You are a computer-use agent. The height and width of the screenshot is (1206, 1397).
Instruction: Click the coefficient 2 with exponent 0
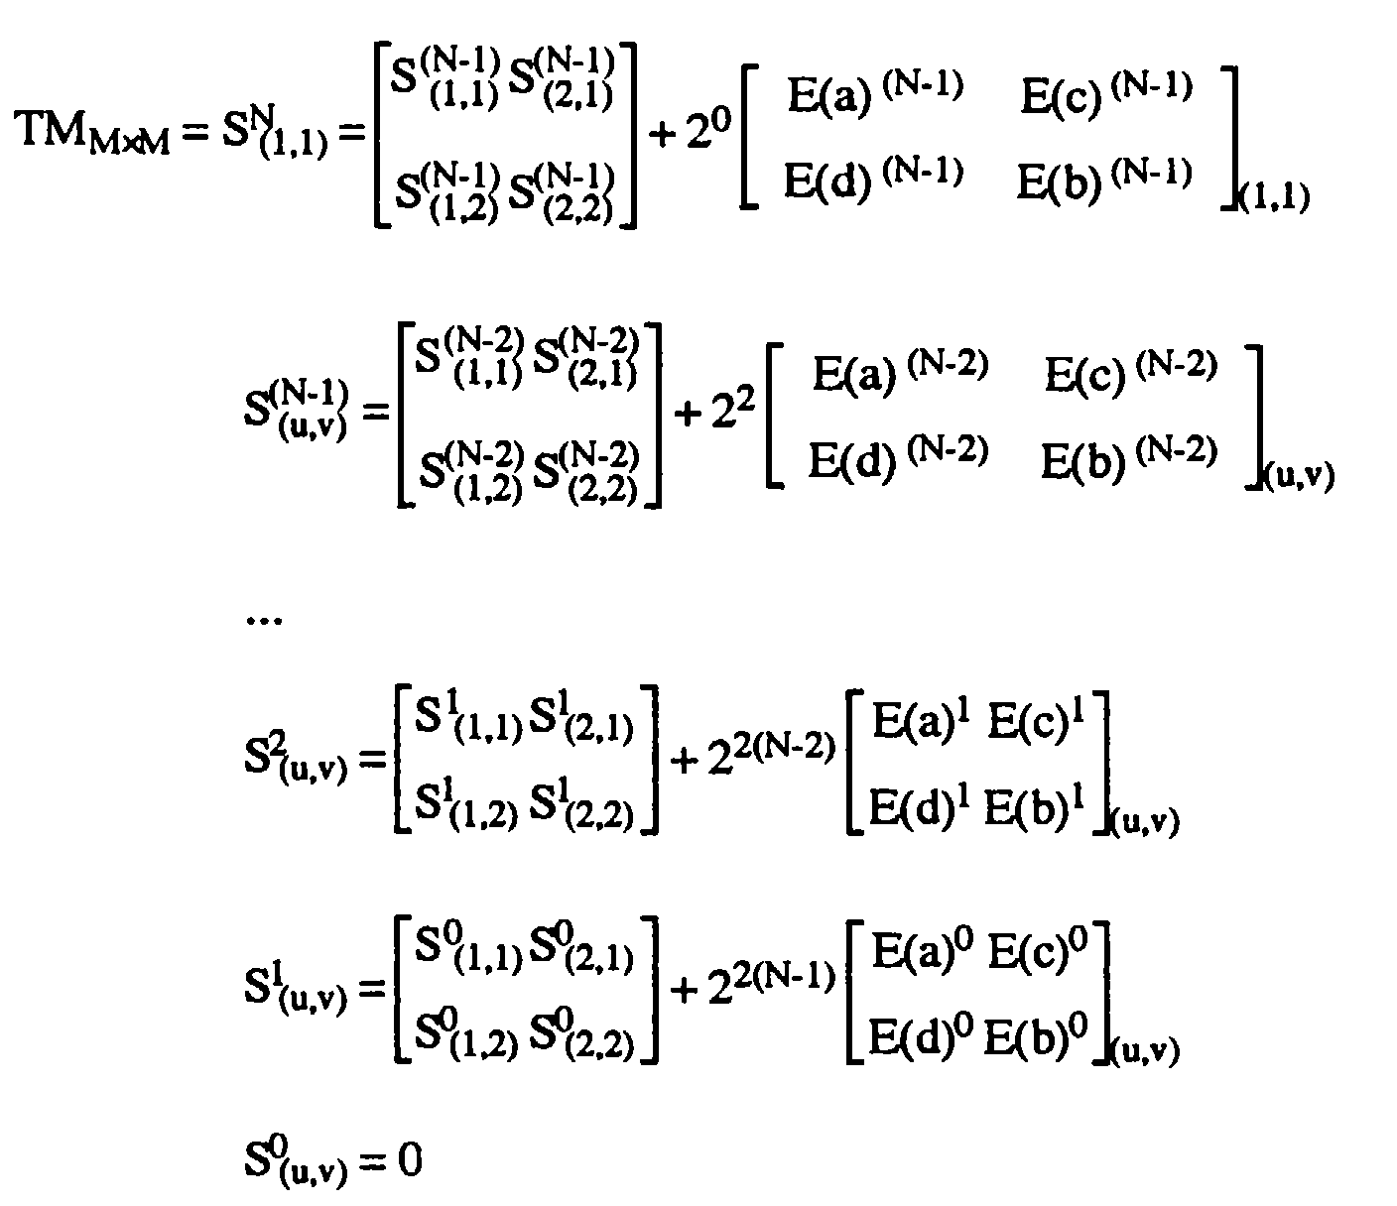pos(709,128)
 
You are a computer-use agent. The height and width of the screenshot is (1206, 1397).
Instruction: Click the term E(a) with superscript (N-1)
pos(875,94)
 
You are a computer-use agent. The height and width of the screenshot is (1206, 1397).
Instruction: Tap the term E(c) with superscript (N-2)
pos(1131,372)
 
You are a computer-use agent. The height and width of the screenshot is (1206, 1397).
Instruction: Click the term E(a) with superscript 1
pos(921,722)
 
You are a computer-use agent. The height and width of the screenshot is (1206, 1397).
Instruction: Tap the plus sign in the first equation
pos(663,135)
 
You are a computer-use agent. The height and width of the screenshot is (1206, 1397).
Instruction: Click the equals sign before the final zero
pos(374,1160)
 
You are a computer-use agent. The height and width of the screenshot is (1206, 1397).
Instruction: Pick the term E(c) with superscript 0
pos(1038,951)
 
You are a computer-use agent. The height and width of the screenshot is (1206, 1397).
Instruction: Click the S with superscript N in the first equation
pos(275,135)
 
